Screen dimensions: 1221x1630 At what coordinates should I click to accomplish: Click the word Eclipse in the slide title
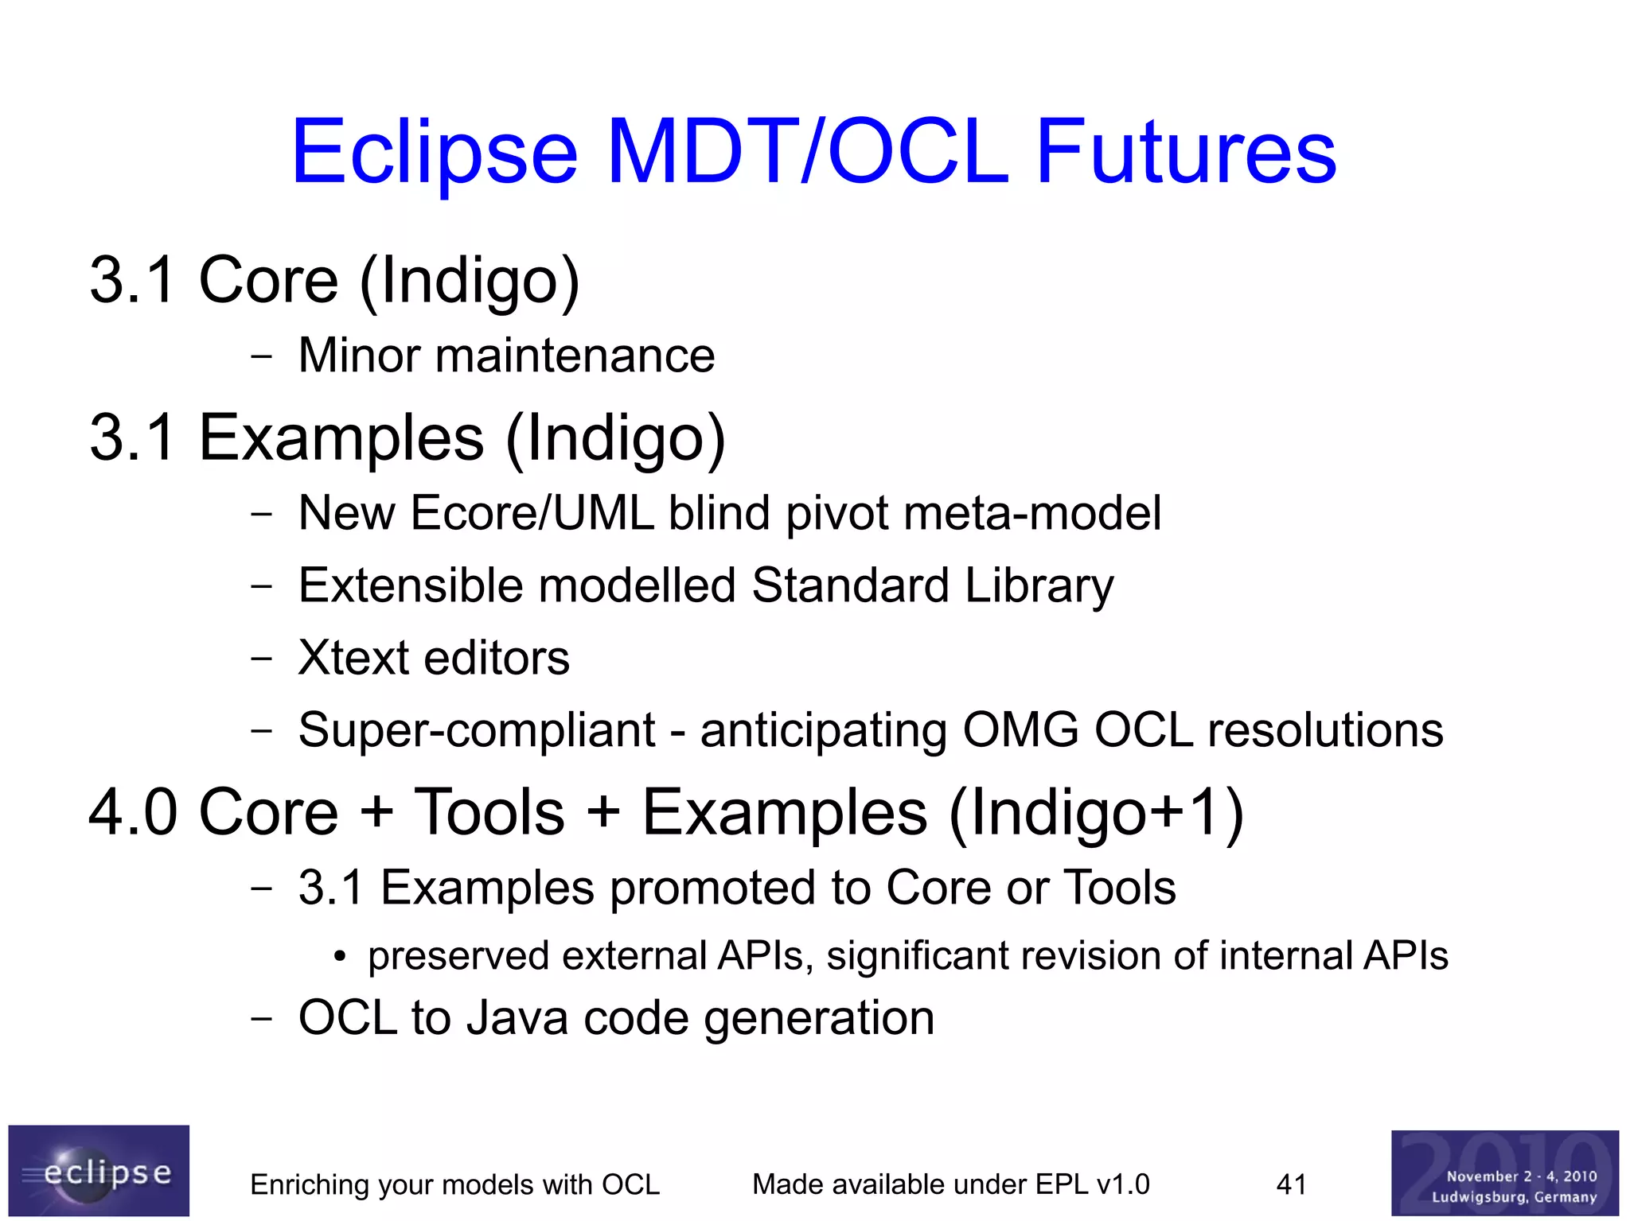click(435, 153)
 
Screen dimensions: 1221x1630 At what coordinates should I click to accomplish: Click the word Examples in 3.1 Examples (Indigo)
click(341, 437)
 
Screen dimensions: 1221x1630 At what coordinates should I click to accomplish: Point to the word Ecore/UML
click(532, 513)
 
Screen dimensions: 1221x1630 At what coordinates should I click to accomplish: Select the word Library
click(1039, 586)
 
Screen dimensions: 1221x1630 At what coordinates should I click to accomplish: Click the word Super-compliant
click(477, 730)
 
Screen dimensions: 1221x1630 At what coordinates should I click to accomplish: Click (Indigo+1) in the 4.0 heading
click(1096, 813)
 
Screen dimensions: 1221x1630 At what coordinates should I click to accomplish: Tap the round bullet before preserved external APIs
click(340, 958)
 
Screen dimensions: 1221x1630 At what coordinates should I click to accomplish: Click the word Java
click(517, 1018)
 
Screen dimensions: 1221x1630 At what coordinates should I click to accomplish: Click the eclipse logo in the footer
click(99, 1171)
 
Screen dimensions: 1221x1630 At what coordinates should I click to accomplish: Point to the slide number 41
click(1291, 1184)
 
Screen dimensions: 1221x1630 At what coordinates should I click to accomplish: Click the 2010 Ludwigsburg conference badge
click(1504, 1173)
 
